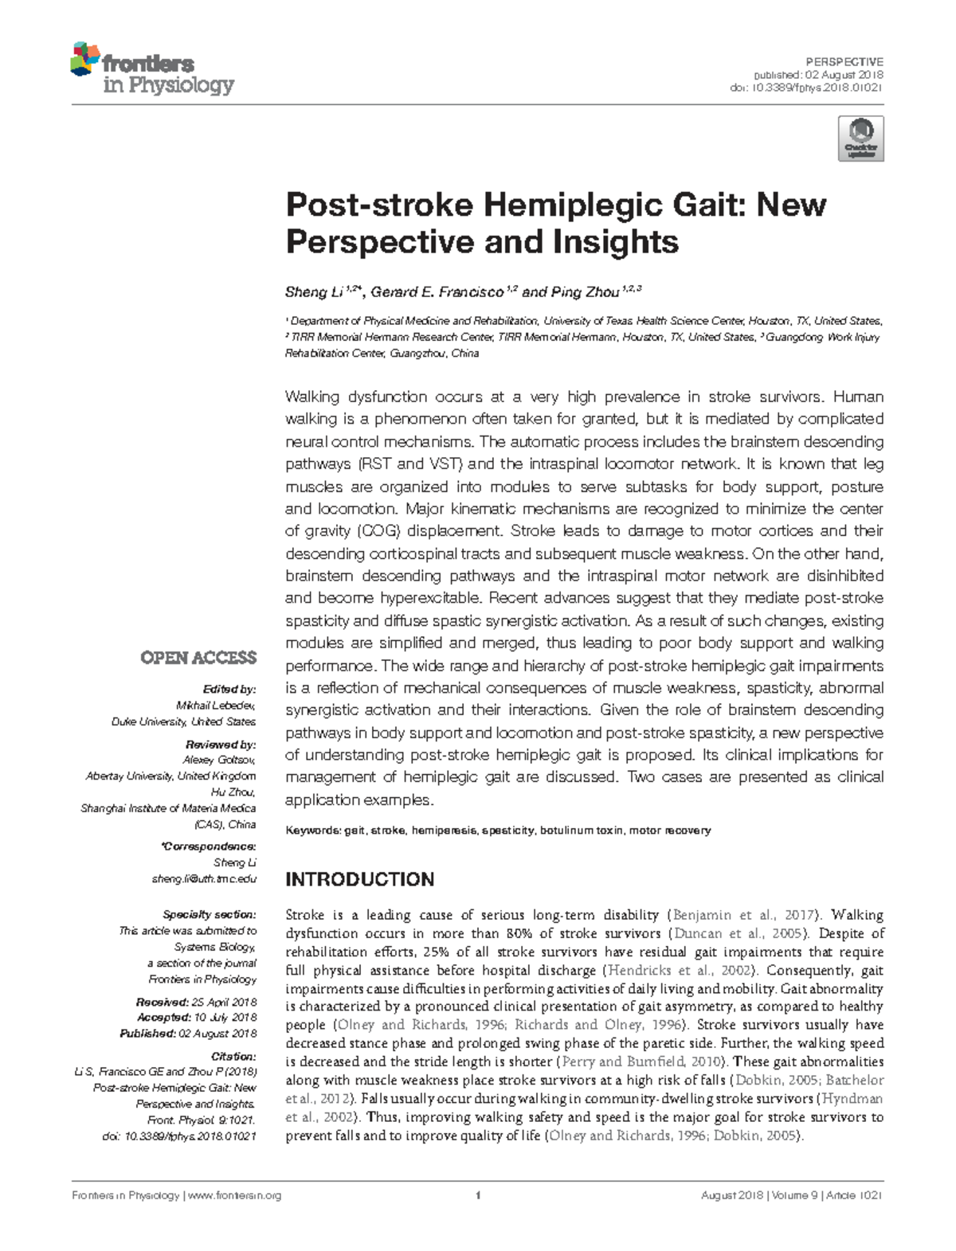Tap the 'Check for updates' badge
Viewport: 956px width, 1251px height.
click(860, 139)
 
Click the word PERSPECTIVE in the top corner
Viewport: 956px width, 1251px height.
click(844, 61)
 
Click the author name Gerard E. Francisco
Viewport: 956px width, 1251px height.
click(437, 292)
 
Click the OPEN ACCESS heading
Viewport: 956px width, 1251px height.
click(198, 658)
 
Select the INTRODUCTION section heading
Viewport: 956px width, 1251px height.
click(359, 880)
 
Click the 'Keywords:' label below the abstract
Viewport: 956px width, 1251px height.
click(312, 831)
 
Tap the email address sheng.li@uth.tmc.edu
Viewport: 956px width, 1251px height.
click(204, 878)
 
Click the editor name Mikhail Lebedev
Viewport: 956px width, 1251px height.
click(216, 706)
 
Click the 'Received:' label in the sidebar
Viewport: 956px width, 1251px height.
click(162, 1002)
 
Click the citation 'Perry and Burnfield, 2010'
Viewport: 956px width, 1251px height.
click(642, 1061)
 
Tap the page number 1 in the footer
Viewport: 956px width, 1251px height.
click(477, 1195)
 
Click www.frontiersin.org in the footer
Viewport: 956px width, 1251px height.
click(234, 1195)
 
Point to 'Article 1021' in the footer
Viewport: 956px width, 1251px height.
click(853, 1195)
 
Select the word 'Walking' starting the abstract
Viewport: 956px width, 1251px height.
click(312, 397)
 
